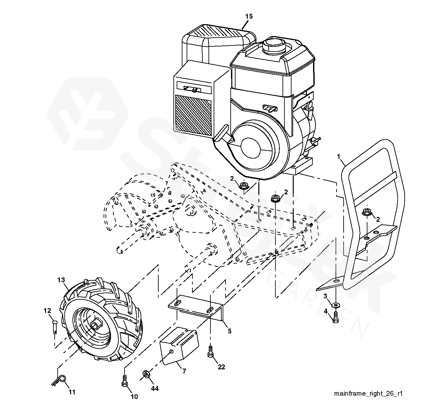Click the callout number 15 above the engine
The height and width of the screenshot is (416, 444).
pos(249,16)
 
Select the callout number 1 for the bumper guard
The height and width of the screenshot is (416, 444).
pos(338,156)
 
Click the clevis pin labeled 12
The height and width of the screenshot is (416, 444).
pos(55,327)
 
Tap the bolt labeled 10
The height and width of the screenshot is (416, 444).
pos(125,381)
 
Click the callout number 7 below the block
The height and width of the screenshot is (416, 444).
pos(184,371)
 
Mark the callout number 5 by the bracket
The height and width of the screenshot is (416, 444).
pos(230,331)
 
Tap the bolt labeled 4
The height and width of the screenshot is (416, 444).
pos(335,317)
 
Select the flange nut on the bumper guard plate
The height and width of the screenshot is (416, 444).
pos(367,211)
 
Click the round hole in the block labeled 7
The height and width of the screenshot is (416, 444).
pos(171,351)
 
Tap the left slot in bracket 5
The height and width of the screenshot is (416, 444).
pos(179,303)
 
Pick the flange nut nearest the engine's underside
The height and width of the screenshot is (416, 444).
pos(244,186)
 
